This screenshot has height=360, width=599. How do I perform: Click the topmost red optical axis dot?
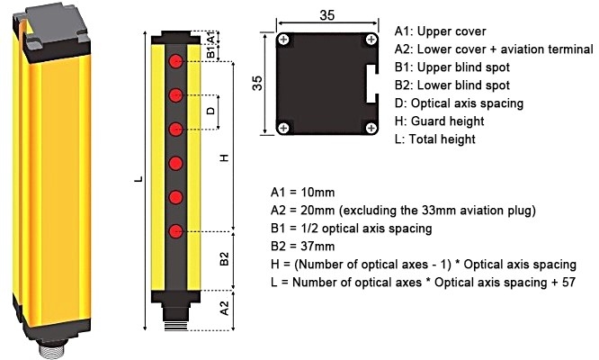[177, 60]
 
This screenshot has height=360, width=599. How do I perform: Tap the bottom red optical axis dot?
[177, 230]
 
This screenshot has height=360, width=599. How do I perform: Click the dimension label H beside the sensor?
[225, 157]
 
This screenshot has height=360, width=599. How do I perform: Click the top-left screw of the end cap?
[284, 40]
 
